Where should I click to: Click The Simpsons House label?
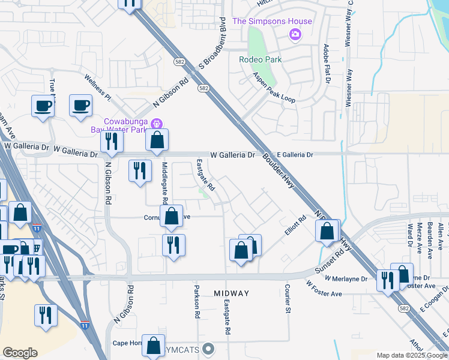pos(272,22)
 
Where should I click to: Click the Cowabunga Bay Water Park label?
pos(126,125)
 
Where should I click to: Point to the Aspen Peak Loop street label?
pos(274,88)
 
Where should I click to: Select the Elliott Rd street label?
pos(295,228)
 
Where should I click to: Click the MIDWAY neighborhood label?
pos(231,293)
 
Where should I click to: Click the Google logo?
pos(20,353)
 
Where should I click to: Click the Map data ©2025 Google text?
pos(412,355)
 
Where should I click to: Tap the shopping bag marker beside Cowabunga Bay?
pos(157,140)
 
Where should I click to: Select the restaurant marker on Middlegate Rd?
pos(173,245)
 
